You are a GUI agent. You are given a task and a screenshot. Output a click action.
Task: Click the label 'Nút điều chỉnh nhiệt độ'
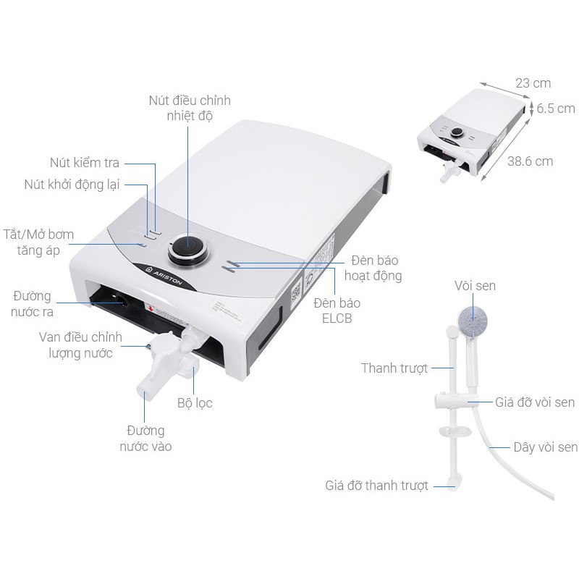(190, 108)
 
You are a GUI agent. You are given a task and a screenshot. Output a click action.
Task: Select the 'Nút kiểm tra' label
(85, 162)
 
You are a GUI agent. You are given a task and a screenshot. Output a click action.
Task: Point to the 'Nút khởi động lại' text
(72, 185)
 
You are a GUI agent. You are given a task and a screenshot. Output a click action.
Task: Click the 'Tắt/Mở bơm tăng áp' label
(38, 242)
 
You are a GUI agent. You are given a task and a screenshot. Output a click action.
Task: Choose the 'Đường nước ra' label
(32, 304)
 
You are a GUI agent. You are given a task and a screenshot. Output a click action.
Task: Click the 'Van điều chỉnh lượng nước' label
(80, 345)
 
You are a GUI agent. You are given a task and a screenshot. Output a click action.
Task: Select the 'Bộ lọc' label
(195, 402)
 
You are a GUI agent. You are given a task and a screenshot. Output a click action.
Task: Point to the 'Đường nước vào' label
(145, 439)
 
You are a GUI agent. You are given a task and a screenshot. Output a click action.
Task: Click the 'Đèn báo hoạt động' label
(373, 268)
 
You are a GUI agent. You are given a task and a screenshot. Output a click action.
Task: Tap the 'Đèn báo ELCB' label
(337, 310)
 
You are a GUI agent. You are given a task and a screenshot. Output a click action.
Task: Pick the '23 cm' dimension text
(533, 83)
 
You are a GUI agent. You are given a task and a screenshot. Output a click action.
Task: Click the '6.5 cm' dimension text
(556, 109)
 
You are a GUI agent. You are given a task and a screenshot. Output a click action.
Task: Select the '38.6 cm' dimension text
(530, 161)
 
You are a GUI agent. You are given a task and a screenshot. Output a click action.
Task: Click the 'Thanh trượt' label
(394, 368)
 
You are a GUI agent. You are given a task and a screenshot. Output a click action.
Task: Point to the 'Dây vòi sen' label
(546, 447)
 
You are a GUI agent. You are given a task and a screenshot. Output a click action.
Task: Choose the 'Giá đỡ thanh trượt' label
(376, 485)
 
